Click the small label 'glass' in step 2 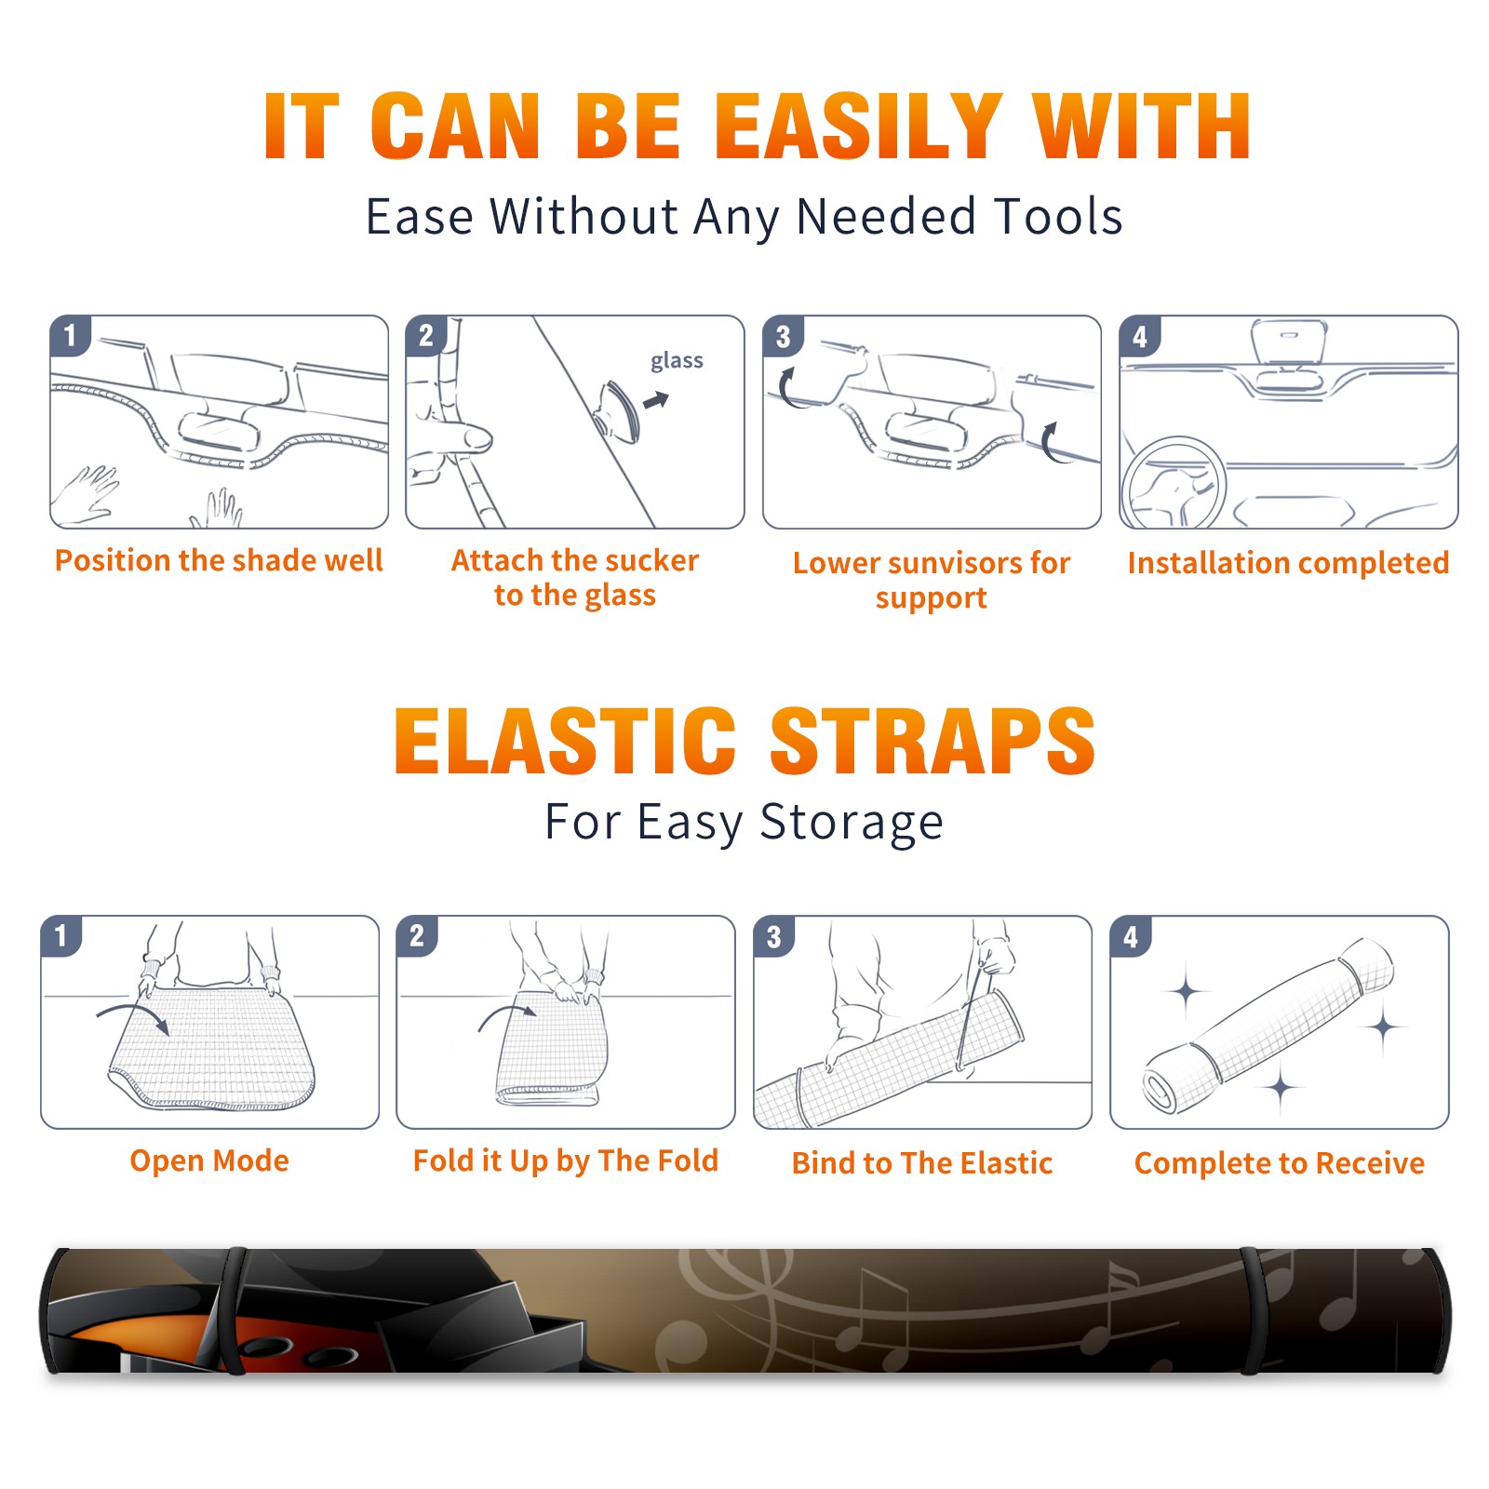pos(677,361)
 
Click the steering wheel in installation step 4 pos(1174,484)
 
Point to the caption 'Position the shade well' pos(219,560)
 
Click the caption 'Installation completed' pos(1288,562)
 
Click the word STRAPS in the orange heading pos(932,741)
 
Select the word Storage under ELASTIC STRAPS pos(852,823)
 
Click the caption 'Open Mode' pos(209,1160)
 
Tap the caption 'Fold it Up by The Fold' pos(566,1161)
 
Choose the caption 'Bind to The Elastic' pos(922,1163)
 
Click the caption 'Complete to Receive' pos(1280,1163)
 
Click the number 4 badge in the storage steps pos(1131,936)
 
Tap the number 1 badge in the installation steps pos(70,335)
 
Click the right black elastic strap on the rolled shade pos(1254,1311)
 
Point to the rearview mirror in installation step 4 pos(1289,342)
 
